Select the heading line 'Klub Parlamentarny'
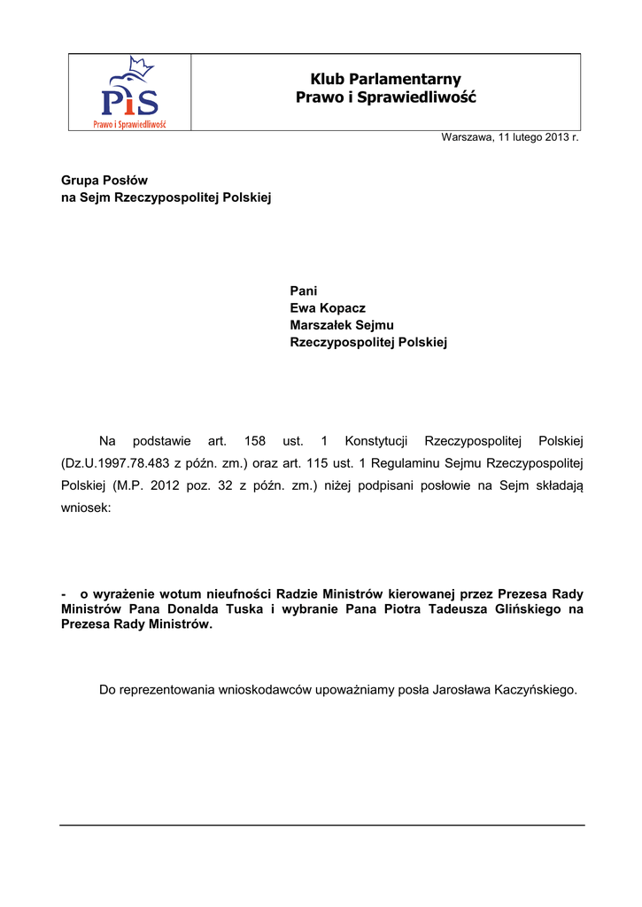386,80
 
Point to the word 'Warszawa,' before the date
468,138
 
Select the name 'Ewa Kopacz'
328,308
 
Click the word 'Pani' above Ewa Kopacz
304,291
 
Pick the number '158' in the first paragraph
255,441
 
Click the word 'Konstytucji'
375,441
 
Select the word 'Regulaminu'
406,463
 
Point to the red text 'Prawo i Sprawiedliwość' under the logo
130,124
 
